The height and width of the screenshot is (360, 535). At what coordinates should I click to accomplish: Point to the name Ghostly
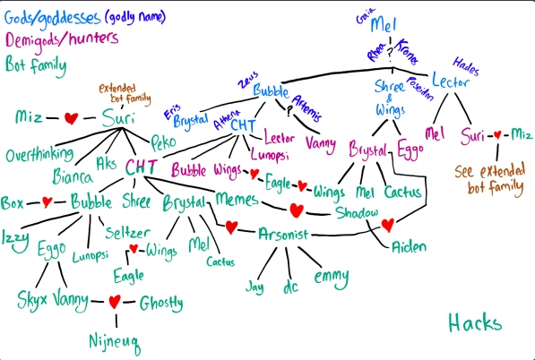(x=161, y=303)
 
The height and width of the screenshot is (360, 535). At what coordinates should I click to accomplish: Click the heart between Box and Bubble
(x=47, y=201)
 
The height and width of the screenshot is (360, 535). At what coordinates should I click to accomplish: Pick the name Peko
(x=162, y=142)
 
